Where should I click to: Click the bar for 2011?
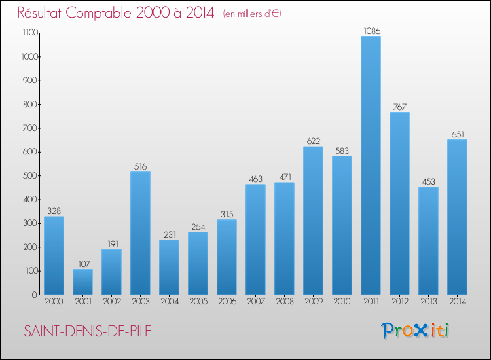[371, 165]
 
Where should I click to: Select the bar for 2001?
[82, 281]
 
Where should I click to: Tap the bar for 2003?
[140, 233]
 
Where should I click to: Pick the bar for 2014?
[457, 217]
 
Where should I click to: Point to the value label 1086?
[371, 31]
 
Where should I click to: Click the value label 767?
[399, 107]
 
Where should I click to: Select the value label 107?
[82, 264]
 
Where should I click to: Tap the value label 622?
[313, 141]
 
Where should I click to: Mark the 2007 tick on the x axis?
[255, 302]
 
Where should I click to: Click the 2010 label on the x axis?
[342, 302]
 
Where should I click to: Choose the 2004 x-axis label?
[169, 302]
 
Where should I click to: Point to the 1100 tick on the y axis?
[30, 33]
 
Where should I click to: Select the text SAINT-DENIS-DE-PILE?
[87, 331]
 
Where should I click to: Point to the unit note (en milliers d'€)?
[252, 14]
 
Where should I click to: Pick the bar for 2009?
[313, 221]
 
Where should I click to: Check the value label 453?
[428, 181]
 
